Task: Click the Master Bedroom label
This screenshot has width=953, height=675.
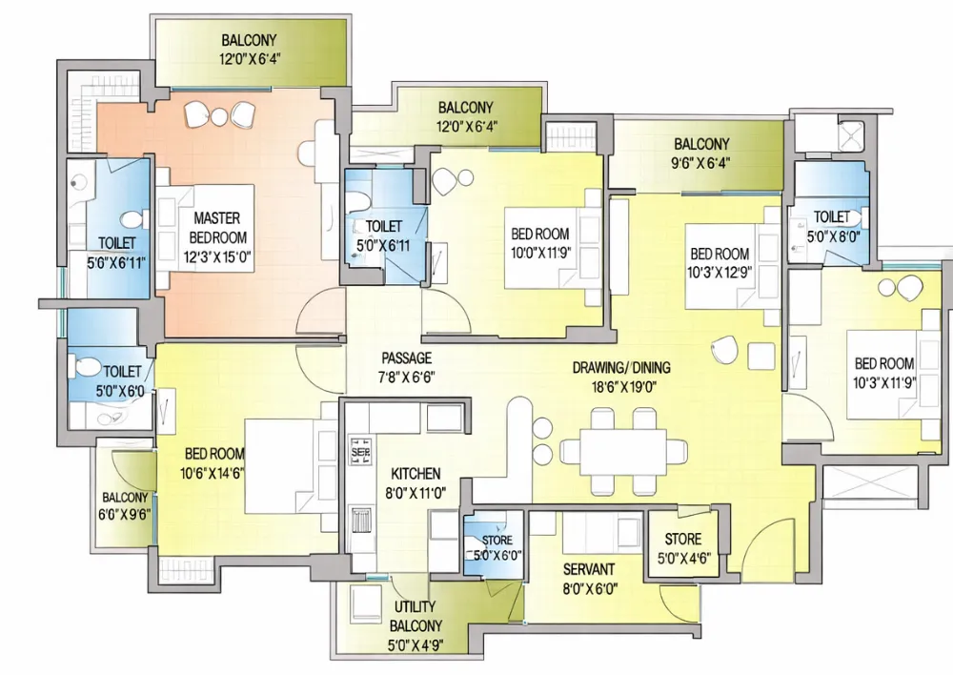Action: pyautogui.click(x=217, y=228)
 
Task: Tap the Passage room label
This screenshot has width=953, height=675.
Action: pyautogui.click(x=407, y=358)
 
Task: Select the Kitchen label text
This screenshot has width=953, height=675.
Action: pyautogui.click(x=416, y=474)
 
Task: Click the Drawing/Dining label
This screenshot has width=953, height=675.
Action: pyautogui.click(x=621, y=367)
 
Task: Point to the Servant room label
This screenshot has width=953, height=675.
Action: pyautogui.click(x=588, y=570)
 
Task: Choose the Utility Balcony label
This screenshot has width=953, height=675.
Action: pyautogui.click(x=416, y=616)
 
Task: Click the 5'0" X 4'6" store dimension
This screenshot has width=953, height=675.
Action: pyautogui.click(x=683, y=559)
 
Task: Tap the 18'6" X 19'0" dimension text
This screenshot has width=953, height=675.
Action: pyautogui.click(x=624, y=387)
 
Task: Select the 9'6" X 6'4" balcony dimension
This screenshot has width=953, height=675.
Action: pyautogui.click(x=702, y=163)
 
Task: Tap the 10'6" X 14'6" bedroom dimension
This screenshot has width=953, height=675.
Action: pyautogui.click(x=213, y=473)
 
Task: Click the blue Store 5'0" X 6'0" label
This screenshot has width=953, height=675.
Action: pyautogui.click(x=497, y=547)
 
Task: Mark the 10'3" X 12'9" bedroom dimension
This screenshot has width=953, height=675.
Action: pyautogui.click(x=720, y=273)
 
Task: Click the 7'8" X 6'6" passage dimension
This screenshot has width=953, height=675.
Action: pyautogui.click(x=407, y=377)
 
